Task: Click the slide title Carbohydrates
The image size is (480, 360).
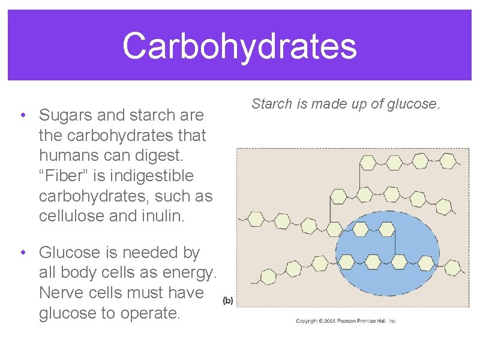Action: point(239,46)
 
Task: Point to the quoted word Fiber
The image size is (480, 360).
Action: point(66,176)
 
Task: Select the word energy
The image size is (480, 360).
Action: point(186,274)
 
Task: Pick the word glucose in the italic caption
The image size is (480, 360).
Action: point(415,104)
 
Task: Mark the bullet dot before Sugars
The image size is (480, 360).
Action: point(22,115)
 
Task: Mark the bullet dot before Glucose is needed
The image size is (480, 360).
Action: point(22,253)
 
